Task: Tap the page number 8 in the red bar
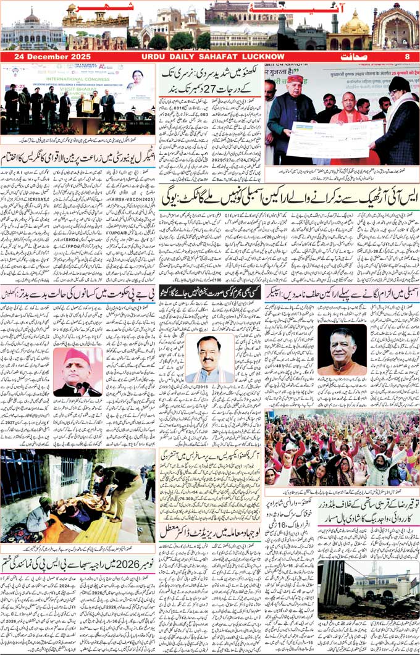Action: (x=407, y=57)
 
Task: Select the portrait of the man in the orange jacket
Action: (x=341, y=352)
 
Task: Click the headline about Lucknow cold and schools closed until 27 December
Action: (x=210, y=79)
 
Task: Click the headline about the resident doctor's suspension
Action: (x=210, y=530)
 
